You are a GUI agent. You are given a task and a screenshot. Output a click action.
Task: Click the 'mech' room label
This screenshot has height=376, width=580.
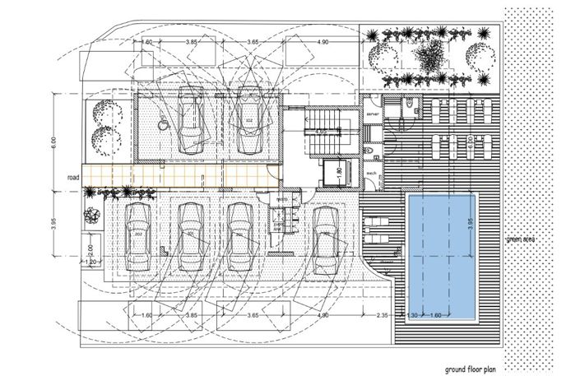[371, 175]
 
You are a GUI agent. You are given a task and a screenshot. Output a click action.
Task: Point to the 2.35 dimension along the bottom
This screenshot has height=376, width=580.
[381, 314]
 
